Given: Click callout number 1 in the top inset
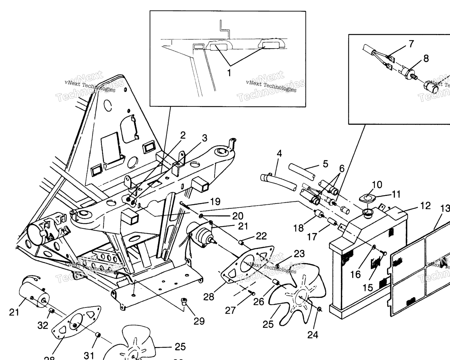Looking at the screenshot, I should pyautogui.click(x=229, y=73).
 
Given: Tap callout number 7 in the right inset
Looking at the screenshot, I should pyautogui.click(x=411, y=44).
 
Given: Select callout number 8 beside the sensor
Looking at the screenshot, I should pyautogui.click(x=426, y=58).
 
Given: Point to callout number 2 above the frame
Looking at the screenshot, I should pyautogui.click(x=183, y=135).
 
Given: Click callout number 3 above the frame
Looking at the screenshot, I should pyautogui.click(x=205, y=138).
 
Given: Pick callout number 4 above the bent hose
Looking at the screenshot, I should pyautogui.click(x=279, y=153).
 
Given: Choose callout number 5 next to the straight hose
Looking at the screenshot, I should pyautogui.click(x=325, y=164).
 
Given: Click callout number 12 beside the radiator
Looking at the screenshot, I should pyautogui.click(x=425, y=206).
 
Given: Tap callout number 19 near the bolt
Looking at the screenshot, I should pyautogui.click(x=215, y=201).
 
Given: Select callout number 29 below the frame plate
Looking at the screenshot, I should pyautogui.click(x=199, y=321).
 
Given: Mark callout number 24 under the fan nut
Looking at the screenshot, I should pyautogui.click(x=313, y=335).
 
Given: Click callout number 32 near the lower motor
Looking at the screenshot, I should pyautogui.click(x=43, y=326).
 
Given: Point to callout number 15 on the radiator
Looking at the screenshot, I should pyautogui.click(x=368, y=288).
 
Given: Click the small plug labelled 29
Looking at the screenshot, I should pyautogui.click(x=183, y=301).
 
